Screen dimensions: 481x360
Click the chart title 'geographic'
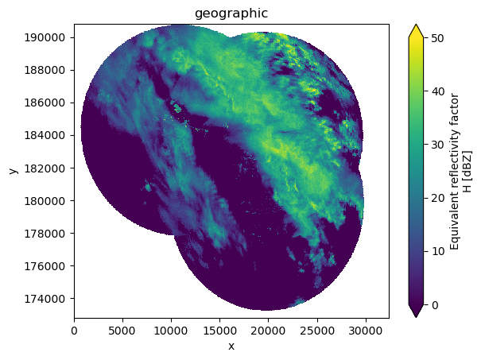[x=231, y=14]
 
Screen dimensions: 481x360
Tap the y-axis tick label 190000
[x=45, y=37]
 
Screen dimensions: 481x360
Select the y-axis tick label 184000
[x=45, y=135]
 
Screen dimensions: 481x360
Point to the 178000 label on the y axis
[x=45, y=234]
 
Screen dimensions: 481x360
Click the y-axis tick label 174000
[x=45, y=298]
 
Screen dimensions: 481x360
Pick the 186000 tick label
[x=45, y=103]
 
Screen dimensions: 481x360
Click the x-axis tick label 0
[x=74, y=331]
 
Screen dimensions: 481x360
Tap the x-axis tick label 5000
[x=122, y=331]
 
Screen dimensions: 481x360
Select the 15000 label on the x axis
[x=219, y=331]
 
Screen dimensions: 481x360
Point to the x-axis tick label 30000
[x=366, y=331]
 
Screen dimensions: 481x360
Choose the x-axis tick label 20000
[x=269, y=331]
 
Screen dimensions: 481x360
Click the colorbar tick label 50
[x=437, y=38]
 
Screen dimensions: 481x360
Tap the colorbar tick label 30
[x=437, y=145]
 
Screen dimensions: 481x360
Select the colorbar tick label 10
[x=437, y=251]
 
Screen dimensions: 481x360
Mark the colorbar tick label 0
[x=434, y=305]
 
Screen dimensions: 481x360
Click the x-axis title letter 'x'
[x=231, y=346]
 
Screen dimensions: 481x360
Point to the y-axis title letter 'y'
[x=14, y=171]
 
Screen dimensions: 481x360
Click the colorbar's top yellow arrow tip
[x=416, y=24]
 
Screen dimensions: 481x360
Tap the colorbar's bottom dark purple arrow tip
[x=416, y=317]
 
